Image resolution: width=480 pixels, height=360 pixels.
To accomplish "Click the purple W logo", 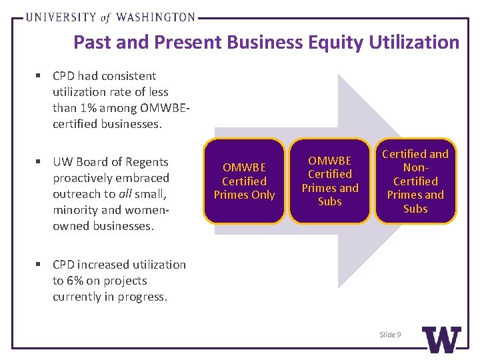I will point(441,339).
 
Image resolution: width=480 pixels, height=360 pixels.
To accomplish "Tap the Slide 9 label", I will point(390,334).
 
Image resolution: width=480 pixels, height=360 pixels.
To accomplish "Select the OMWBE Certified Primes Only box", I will point(244,181).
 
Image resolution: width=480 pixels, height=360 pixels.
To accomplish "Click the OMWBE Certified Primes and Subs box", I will point(329,181).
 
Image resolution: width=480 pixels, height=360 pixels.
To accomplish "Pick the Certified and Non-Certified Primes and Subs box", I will point(415,181).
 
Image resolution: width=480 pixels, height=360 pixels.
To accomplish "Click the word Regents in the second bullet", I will point(148,162).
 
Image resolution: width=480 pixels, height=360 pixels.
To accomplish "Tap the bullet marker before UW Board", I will point(42,162).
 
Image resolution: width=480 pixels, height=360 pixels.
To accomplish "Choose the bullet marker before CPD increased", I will point(42,265).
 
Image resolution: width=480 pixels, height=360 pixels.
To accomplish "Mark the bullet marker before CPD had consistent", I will point(42,76).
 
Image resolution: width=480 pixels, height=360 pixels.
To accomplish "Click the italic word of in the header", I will point(105,18).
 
